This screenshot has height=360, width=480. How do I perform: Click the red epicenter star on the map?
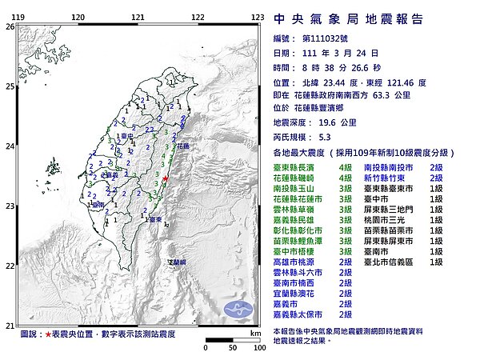pos(165,178)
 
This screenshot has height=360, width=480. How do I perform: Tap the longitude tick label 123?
pos(258,17)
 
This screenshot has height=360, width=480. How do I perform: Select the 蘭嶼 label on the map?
pos(176,262)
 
